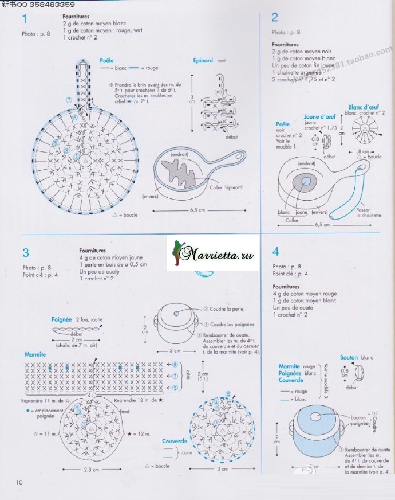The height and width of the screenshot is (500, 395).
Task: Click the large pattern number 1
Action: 25,20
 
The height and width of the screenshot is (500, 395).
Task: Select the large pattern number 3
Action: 26,252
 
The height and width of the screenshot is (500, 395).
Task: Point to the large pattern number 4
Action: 276,251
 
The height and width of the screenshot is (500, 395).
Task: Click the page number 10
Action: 19,482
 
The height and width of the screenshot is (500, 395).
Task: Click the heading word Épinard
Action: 203,60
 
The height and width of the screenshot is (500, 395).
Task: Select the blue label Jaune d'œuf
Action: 319,117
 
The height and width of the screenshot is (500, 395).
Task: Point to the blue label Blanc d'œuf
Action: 364,107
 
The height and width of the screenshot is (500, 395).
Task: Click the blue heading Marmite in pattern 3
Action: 35,355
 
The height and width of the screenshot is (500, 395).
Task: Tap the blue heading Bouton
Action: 349,357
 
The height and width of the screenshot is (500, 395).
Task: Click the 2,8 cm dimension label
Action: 87,470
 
